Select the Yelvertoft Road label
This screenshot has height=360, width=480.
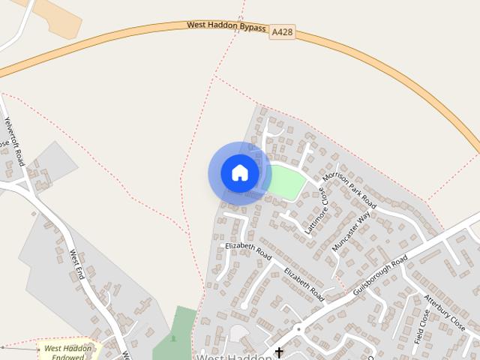14,141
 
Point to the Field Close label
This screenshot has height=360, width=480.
422,327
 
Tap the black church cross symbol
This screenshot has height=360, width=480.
279,352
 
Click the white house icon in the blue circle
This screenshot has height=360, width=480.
239,173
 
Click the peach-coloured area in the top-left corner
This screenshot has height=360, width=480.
60,18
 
